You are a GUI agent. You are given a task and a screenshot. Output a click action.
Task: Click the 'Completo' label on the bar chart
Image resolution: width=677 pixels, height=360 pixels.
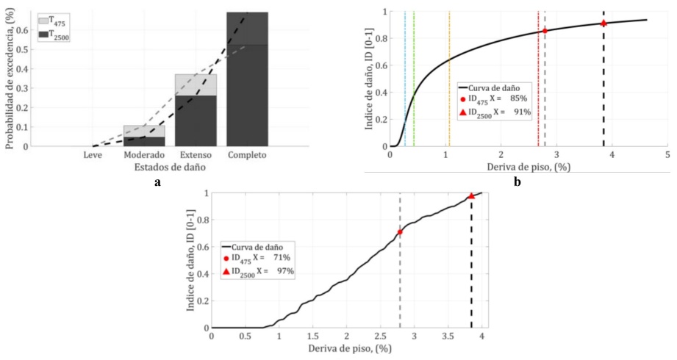pos(247,156)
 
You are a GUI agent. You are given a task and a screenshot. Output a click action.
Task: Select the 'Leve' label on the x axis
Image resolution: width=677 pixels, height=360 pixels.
pos(93,156)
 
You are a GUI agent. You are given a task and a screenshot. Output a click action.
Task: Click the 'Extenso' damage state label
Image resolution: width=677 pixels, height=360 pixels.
pos(195,156)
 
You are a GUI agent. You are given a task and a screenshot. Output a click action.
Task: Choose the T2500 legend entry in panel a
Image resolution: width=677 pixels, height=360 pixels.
pos(56,35)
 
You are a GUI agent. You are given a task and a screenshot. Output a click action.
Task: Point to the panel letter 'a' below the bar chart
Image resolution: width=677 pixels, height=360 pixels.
pos(157,182)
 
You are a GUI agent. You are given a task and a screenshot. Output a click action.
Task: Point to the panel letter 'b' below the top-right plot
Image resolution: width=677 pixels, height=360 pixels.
pos(518,181)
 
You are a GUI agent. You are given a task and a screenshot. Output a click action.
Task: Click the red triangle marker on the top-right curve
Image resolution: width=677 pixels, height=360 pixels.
pos(603,24)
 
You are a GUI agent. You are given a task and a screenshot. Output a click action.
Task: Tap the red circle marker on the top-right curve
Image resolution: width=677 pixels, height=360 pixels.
pos(545,31)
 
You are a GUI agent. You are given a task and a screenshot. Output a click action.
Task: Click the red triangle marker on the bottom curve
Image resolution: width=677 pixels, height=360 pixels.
pos(471,196)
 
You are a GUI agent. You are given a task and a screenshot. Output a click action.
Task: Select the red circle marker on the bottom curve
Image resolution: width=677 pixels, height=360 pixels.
pos(400,232)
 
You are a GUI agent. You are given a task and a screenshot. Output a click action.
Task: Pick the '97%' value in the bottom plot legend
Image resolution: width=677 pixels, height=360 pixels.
pos(284,271)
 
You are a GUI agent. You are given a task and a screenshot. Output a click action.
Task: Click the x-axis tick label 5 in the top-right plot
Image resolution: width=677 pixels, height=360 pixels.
pos(667,155)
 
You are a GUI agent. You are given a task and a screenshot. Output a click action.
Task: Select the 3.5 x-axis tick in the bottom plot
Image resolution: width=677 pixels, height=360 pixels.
pos(448,336)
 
